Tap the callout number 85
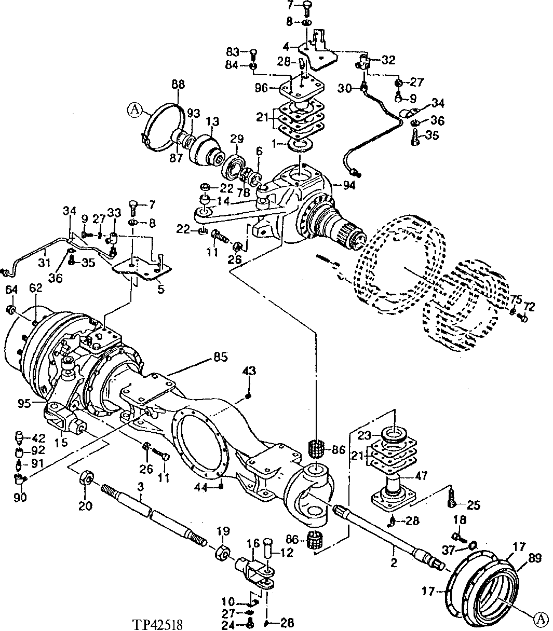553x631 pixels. tap(220, 357)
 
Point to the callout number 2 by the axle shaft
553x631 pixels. tap(394, 563)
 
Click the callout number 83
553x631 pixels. tap(233, 52)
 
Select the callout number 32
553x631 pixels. tap(388, 60)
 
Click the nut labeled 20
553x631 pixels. tap(86, 477)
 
